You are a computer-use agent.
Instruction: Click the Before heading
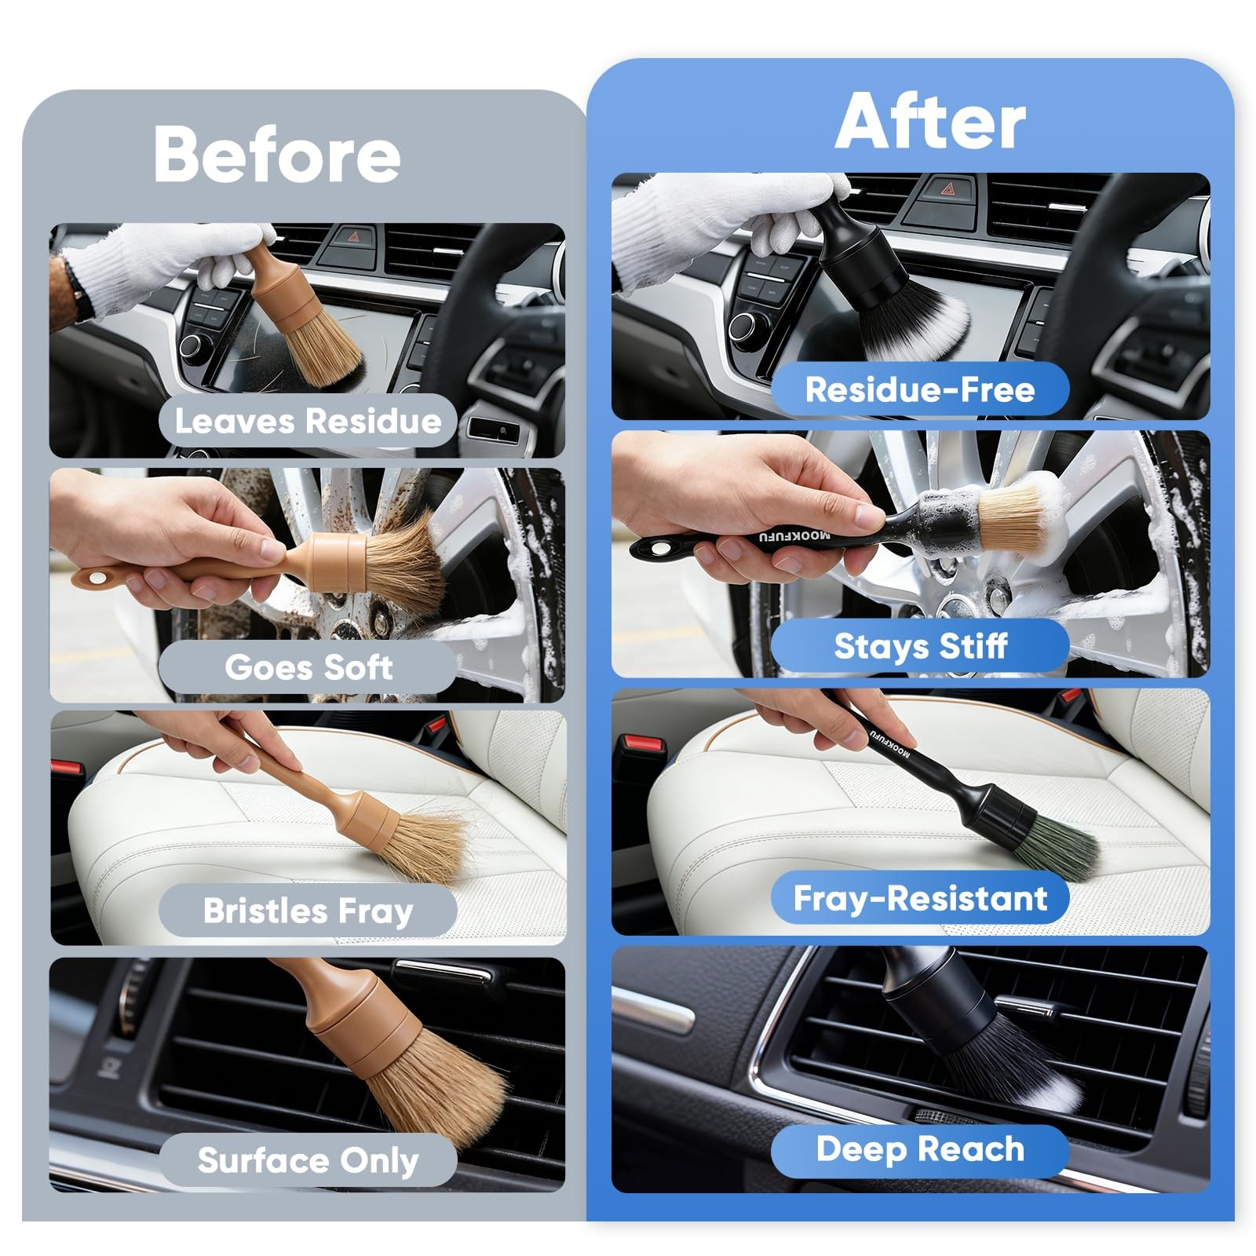277,154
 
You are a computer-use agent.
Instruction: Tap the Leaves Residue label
308,422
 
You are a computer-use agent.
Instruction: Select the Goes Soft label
308,667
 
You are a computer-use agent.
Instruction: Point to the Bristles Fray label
308,911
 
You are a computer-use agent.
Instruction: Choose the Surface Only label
308,1160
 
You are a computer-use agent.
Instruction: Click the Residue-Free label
920,389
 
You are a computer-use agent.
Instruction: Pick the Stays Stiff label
920,646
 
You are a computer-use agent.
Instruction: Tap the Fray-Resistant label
920,898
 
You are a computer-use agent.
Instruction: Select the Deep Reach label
920,1149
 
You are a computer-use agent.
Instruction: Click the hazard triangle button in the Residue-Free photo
947,188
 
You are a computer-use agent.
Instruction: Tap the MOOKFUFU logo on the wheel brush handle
794,537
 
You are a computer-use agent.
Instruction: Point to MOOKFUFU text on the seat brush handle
890,743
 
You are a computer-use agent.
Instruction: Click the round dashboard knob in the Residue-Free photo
745,326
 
